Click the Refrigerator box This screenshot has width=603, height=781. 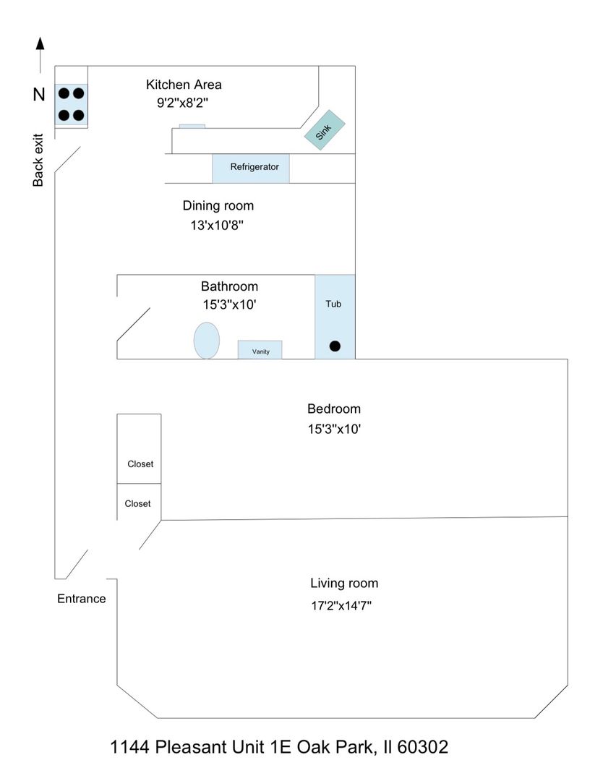click(251, 168)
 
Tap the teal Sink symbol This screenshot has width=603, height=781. click(325, 130)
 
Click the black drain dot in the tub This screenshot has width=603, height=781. click(335, 346)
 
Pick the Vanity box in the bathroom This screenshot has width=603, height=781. click(260, 350)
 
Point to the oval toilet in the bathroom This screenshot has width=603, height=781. click(207, 339)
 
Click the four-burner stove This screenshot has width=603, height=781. click(72, 104)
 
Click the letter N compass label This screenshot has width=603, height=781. click(39, 94)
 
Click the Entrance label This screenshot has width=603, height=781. click(82, 599)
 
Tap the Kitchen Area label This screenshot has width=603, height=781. click(184, 85)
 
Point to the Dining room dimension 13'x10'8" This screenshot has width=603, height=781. click(215, 226)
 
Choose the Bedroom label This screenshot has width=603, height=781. click(334, 409)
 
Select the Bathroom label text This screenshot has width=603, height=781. click(229, 286)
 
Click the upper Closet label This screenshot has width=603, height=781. click(140, 464)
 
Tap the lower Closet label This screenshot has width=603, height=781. click(137, 503)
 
